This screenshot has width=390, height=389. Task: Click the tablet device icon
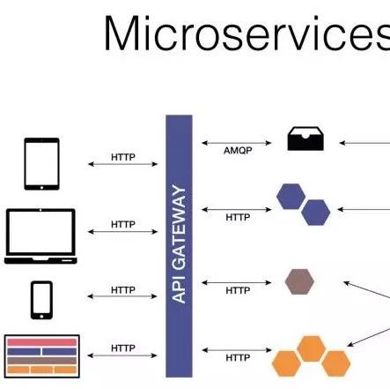coord(41,164)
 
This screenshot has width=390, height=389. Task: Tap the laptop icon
coord(40,236)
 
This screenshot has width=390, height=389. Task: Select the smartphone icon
coord(41,300)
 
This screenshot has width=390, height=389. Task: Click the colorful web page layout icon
coord(42,356)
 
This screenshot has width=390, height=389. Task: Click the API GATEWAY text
coord(179,244)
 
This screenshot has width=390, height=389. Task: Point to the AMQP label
coord(238,151)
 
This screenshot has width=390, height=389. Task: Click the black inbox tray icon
coord(305,138)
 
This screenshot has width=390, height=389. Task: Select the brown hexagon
coord(299,281)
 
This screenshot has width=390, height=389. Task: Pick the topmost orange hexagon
coord(312,348)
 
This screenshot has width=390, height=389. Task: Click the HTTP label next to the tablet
coord(123,157)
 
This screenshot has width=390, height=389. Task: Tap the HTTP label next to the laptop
coord(123,224)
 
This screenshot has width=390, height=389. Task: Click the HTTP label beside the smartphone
coord(123,290)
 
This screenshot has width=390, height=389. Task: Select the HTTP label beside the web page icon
coord(123,348)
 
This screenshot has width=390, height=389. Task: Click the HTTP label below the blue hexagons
coord(238,217)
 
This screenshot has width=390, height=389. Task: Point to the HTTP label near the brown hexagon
coord(238,290)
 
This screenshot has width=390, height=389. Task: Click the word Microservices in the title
coord(247,34)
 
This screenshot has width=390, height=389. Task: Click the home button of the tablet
coord(41,187)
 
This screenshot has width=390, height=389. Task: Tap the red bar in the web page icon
coord(42,342)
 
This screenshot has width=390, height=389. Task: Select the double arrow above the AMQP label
coord(237,143)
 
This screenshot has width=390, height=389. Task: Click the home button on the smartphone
coord(41,317)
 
